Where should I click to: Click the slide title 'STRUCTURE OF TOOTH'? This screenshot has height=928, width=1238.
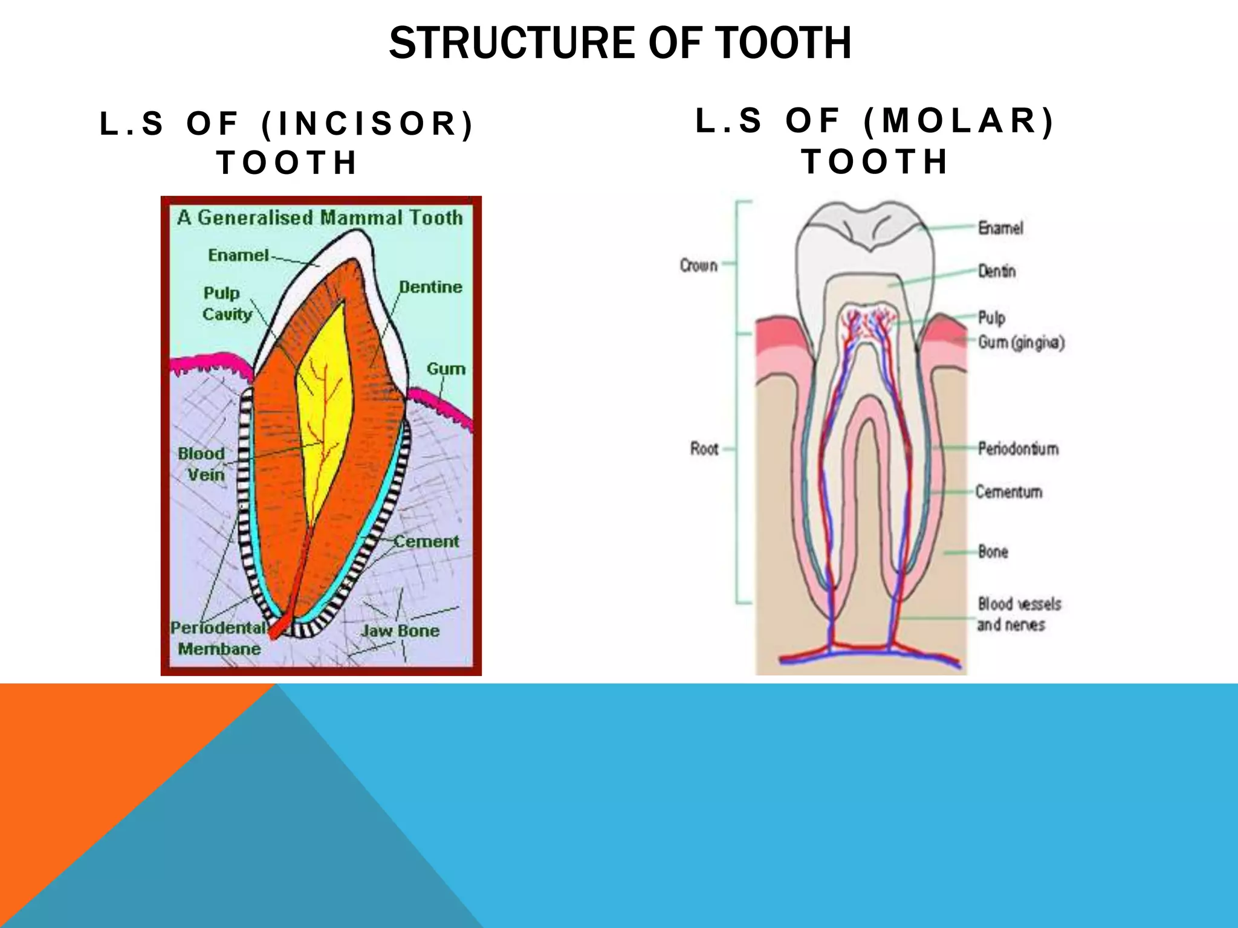[620, 43]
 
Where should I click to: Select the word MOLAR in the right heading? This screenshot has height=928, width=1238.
[960, 120]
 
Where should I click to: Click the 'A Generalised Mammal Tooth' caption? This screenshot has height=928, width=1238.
[320, 217]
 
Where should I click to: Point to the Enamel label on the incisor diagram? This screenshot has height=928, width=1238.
[238, 255]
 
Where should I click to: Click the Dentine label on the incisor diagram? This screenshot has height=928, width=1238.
[430, 287]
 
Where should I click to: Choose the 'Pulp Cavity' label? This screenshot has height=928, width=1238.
[226, 303]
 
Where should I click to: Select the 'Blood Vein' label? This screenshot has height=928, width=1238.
[202, 464]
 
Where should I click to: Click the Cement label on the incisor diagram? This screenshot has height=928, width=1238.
[426, 541]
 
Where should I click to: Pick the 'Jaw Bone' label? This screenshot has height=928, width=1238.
[400, 631]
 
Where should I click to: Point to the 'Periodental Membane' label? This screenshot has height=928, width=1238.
[218, 638]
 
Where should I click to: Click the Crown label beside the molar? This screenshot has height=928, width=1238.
[698, 265]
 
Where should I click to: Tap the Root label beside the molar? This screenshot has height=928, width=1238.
[704, 449]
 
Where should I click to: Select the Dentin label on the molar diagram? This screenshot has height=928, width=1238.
[997, 271]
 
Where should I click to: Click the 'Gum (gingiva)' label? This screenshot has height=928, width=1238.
[1021, 343]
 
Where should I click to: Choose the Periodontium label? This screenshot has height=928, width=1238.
[1018, 449]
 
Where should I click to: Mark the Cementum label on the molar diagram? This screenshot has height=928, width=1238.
[1009, 492]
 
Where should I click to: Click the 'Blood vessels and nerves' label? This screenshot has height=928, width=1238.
[1019, 614]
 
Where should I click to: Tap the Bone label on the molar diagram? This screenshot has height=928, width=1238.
[993, 552]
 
